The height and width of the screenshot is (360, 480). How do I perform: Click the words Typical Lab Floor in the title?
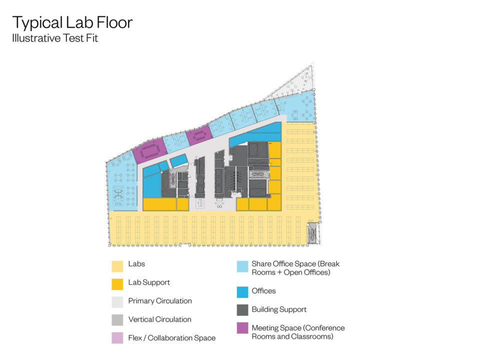(x=72, y=22)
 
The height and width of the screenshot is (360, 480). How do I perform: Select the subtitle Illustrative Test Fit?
(x=55, y=38)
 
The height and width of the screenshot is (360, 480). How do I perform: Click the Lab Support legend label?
(x=148, y=282)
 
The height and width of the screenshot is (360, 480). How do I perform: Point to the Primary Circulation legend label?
(x=159, y=301)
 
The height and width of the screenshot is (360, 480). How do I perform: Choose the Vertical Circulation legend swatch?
(x=117, y=320)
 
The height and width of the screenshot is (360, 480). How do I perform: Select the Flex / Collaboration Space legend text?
(x=171, y=338)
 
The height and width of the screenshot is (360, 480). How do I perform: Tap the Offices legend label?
(x=263, y=290)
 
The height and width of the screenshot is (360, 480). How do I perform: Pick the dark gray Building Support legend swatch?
(x=242, y=310)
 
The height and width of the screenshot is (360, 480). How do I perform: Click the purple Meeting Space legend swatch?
(x=242, y=328)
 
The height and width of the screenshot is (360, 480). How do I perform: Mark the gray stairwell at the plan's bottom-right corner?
(x=312, y=233)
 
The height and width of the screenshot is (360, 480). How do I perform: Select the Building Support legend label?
(x=279, y=309)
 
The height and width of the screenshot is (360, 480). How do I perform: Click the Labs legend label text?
(x=136, y=264)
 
